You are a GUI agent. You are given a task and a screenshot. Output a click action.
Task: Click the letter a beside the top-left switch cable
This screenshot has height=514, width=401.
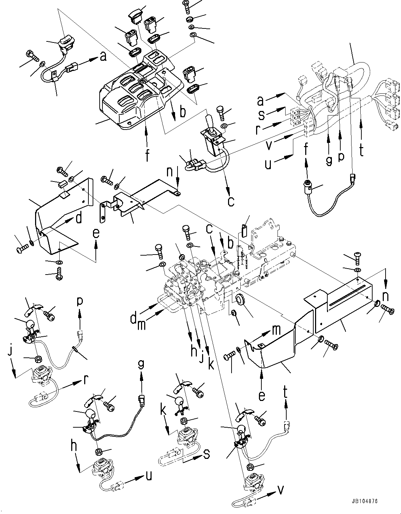click(x=103, y=56)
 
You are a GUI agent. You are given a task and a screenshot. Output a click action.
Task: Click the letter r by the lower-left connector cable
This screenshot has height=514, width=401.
click(x=85, y=379)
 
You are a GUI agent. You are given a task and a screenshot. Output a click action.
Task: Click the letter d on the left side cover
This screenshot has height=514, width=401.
click(x=79, y=219)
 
